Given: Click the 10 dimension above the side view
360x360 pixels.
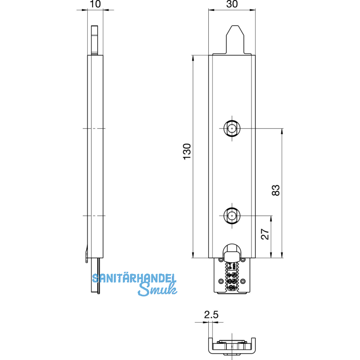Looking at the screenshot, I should [94, 4].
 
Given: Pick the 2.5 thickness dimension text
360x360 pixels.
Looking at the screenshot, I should [210, 315].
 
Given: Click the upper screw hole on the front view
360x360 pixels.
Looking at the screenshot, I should [232, 129].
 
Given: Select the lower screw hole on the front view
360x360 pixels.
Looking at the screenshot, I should [232, 216].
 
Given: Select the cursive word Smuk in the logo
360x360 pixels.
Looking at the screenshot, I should [156, 291].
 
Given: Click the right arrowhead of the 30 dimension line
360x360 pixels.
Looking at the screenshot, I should [255, 9].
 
